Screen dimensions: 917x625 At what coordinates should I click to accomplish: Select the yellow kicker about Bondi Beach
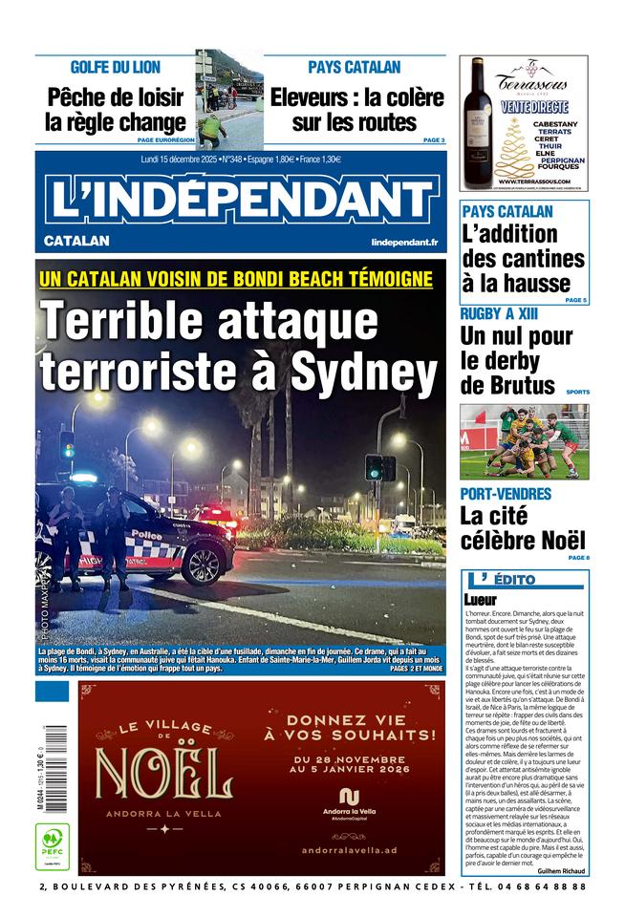(236, 279)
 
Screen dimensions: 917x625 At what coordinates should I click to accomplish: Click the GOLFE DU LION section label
(116, 68)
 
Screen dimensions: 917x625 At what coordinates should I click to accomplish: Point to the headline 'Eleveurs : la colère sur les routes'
(356, 110)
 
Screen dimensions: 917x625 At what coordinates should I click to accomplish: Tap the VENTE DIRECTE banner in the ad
(535, 107)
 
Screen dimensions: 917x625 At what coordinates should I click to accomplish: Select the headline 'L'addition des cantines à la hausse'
(523, 258)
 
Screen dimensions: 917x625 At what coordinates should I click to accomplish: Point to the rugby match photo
(524, 441)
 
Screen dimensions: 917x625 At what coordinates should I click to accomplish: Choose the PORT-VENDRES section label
(506, 494)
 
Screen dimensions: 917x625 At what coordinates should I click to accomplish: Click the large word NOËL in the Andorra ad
(163, 775)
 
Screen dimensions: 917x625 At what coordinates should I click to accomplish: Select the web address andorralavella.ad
(348, 850)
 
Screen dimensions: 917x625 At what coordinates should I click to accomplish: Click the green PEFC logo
(51, 844)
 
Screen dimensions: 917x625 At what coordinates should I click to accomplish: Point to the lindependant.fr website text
(404, 243)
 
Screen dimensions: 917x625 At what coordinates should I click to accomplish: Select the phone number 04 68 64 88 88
(541, 887)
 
